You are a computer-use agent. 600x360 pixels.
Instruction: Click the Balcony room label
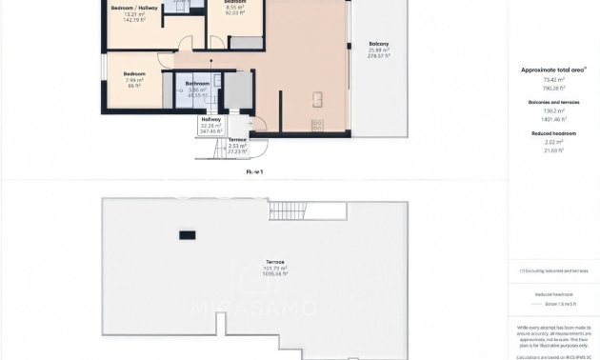[x=378, y=44]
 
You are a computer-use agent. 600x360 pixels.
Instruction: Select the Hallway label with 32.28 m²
[x=210, y=120]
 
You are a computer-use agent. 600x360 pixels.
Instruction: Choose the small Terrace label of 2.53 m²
[x=237, y=139]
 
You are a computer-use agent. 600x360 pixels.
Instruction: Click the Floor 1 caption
[x=254, y=171]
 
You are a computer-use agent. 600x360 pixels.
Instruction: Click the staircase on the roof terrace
[x=282, y=210]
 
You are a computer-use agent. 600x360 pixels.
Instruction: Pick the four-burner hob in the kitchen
[x=318, y=125]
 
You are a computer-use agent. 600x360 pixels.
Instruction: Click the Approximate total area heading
[x=553, y=70]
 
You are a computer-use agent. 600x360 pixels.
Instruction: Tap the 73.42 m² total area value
[x=553, y=79]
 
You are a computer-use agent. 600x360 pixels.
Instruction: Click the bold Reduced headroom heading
[x=553, y=134]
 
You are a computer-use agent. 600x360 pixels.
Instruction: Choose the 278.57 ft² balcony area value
[x=378, y=56]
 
